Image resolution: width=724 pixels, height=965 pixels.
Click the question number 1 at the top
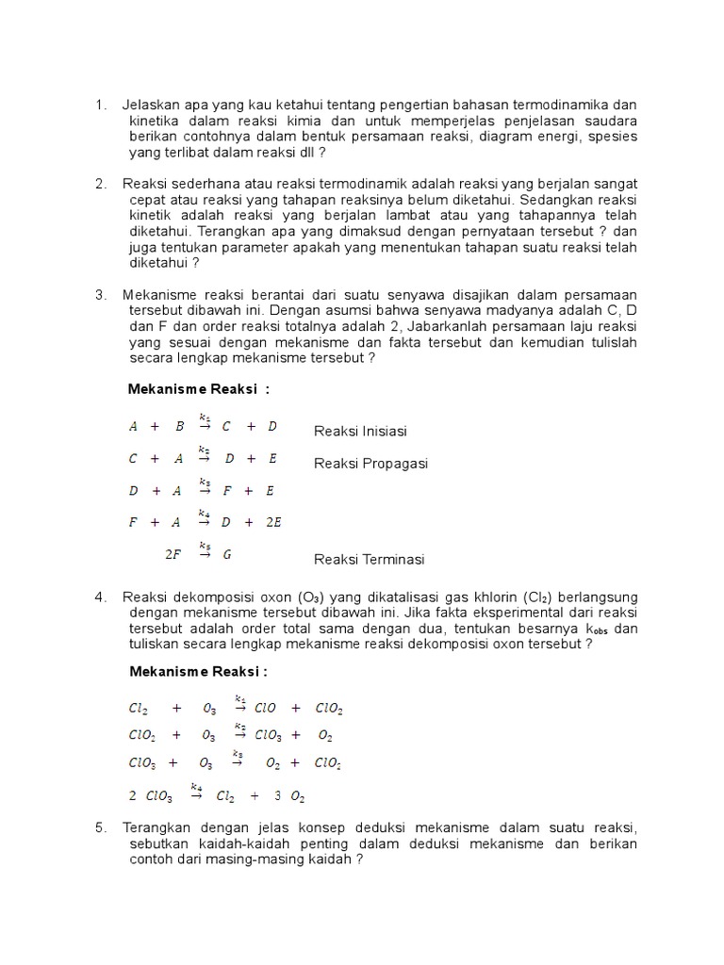tap(100, 104)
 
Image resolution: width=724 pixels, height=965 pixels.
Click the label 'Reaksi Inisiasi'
tap(360, 431)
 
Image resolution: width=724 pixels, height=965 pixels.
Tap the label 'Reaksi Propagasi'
tap(370, 463)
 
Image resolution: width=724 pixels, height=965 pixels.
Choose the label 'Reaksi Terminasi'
tap(370, 559)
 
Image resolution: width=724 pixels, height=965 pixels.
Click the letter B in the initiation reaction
tap(179, 426)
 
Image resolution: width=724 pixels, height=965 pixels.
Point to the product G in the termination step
tap(227, 554)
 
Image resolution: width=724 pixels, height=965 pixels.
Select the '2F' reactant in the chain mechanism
tap(173, 554)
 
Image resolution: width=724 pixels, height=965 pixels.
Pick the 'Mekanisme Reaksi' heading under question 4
tap(198, 671)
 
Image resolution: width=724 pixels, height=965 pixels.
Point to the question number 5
tap(100, 827)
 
